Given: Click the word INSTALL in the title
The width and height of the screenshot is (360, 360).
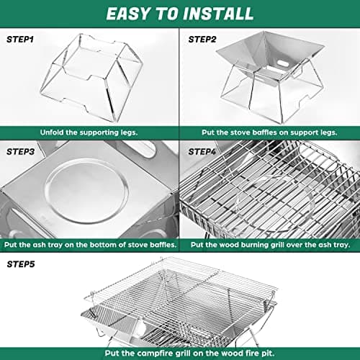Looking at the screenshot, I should (x=217, y=14).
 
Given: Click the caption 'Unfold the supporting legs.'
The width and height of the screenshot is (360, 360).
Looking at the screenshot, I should (x=89, y=132).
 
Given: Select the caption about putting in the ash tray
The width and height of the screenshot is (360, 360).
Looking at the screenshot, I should (x=89, y=244).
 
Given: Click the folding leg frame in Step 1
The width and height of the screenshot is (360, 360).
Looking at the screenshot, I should (x=89, y=79).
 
